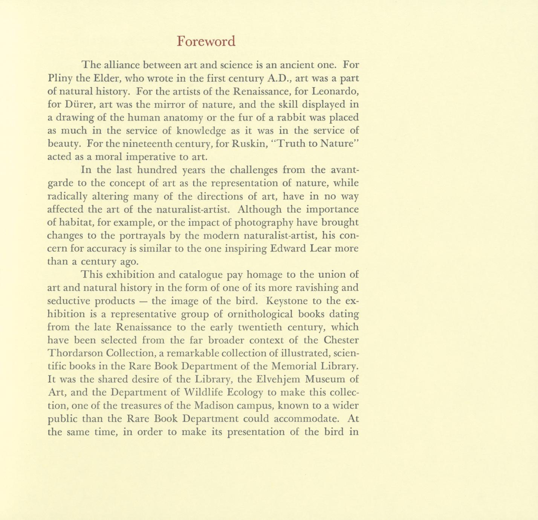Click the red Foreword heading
[x=206, y=41]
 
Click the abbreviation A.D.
[x=278, y=78]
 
